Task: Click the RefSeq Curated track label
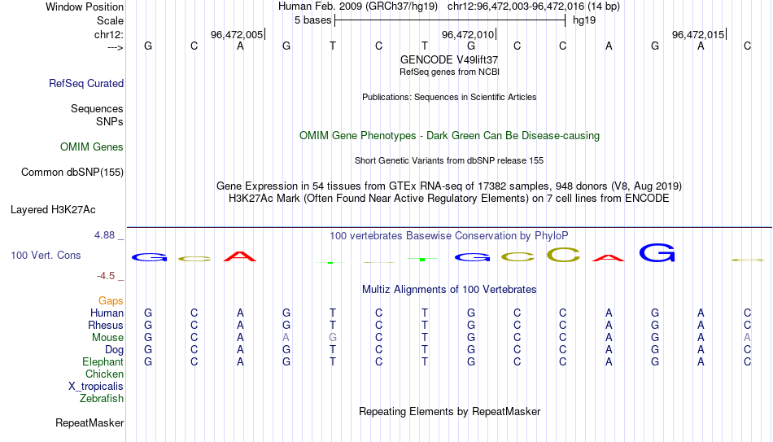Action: (86, 83)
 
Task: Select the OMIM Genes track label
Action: (92, 147)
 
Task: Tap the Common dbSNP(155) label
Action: (72, 173)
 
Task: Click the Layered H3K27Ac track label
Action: (53, 210)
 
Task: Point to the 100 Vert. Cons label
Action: (46, 255)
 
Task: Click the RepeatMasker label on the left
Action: (90, 422)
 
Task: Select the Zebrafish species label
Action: (102, 398)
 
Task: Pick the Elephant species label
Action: (103, 361)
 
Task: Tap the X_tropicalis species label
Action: (96, 387)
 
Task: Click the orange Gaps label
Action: (111, 301)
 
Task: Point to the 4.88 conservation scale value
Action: (104, 235)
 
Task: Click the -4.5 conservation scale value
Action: (106, 276)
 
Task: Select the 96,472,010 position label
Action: (467, 34)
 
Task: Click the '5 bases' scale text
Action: (313, 20)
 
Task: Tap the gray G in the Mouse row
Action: (333, 338)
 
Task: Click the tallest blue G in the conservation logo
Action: (657, 252)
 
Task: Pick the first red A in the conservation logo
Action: (239, 256)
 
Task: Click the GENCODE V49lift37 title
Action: (449, 59)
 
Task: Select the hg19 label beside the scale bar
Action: (584, 20)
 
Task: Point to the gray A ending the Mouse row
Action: (747, 338)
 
